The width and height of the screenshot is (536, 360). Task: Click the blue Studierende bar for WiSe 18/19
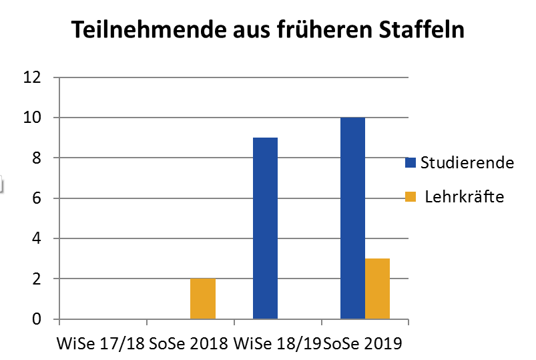coord(265,228)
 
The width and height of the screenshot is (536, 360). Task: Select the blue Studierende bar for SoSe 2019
coord(352,218)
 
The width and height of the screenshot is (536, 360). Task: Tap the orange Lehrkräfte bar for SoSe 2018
coord(203,299)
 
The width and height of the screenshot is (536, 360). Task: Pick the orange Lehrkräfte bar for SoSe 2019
coord(377,289)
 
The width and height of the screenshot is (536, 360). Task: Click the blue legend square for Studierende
coord(411,162)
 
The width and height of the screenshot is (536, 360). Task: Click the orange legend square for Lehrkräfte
coord(411,196)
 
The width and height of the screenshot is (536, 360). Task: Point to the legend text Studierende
coord(467,162)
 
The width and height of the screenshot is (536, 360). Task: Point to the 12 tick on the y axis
coord(33,77)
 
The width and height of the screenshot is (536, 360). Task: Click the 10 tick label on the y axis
coord(33,118)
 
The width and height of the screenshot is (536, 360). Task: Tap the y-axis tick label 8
coord(37,158)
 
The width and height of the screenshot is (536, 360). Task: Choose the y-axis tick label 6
coord(37,198)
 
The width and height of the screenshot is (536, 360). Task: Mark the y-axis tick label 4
coord(37,238)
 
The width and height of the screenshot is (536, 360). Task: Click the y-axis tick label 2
coord(37,279)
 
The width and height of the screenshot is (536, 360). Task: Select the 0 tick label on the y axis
coord(37,319)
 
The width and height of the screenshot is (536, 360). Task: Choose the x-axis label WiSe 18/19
coord(278,345)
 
